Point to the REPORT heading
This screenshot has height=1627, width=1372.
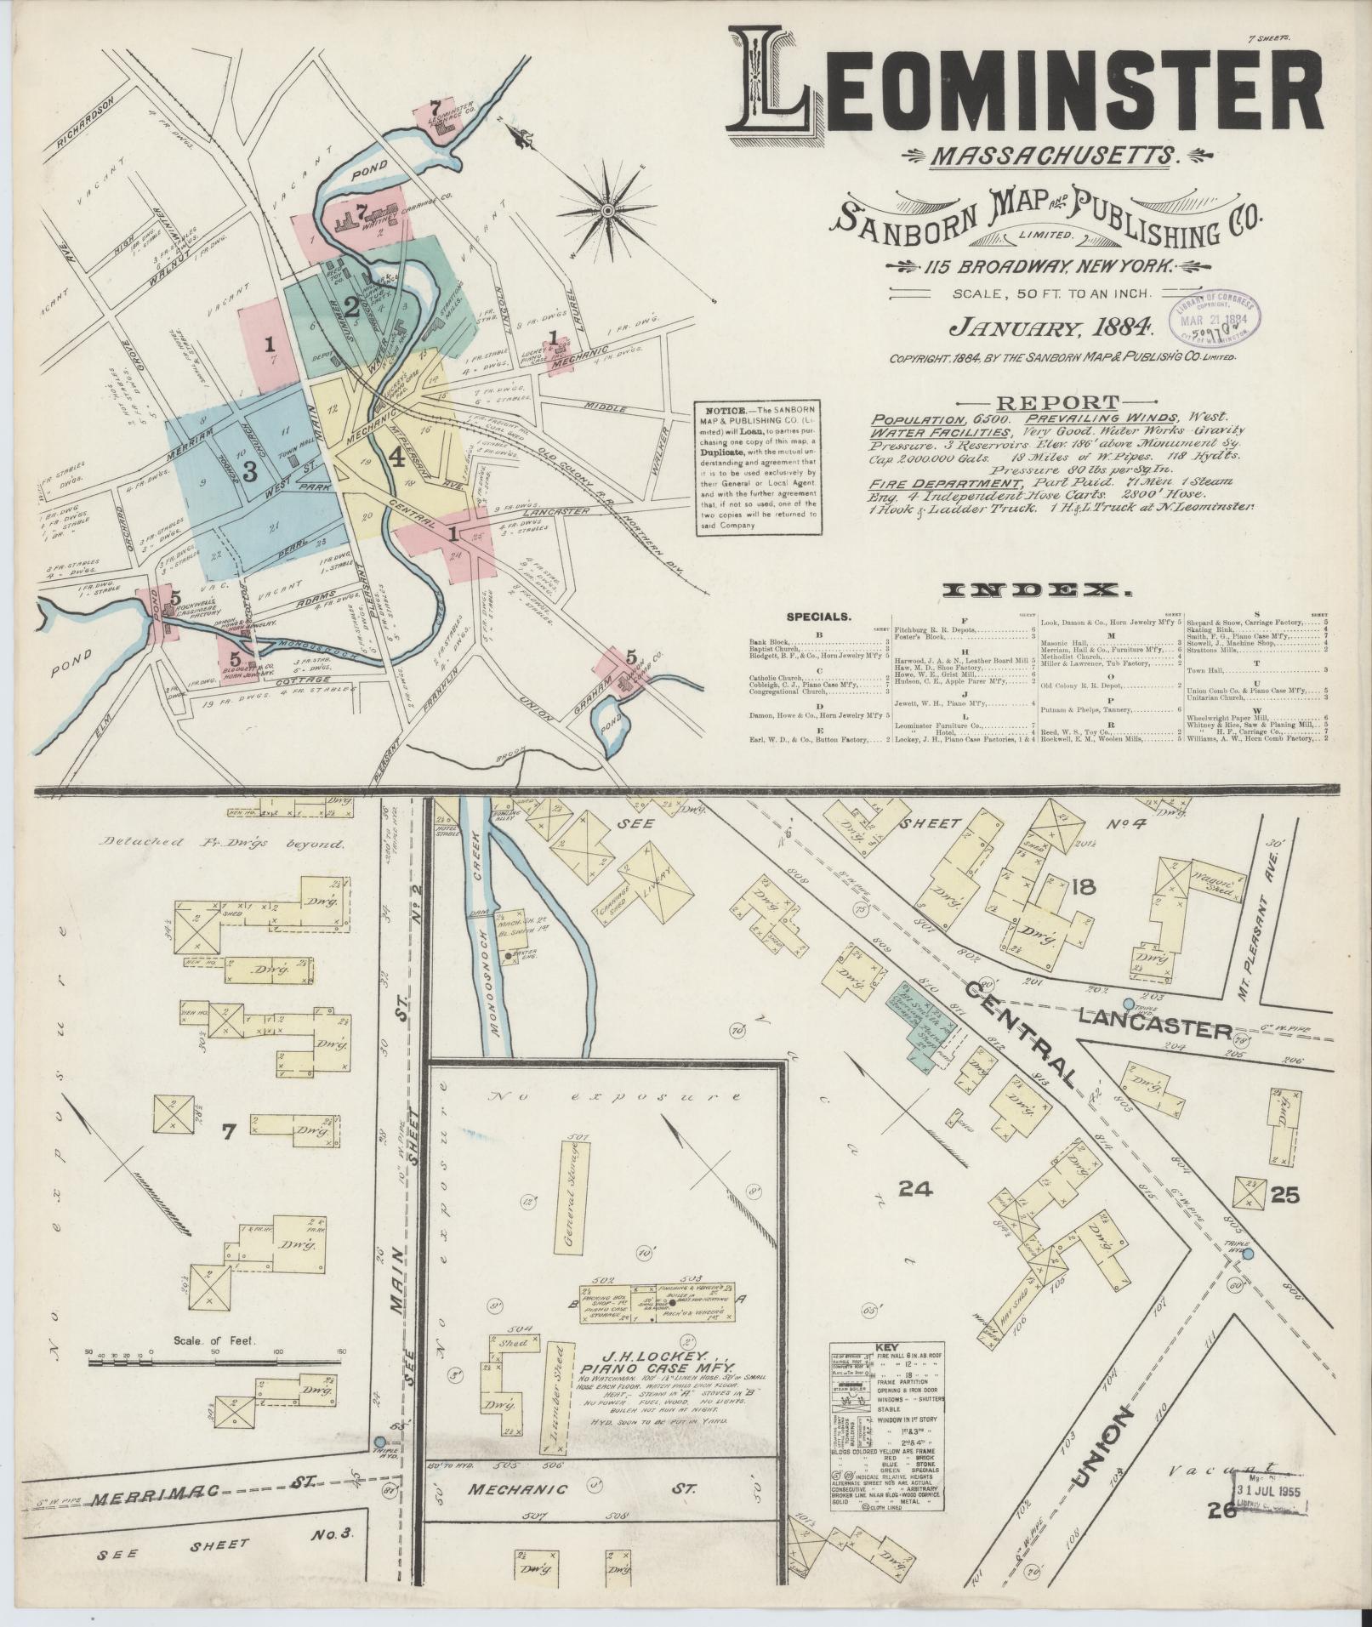1057,403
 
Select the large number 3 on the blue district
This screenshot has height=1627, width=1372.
249,472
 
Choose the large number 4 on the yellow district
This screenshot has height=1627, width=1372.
396,457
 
